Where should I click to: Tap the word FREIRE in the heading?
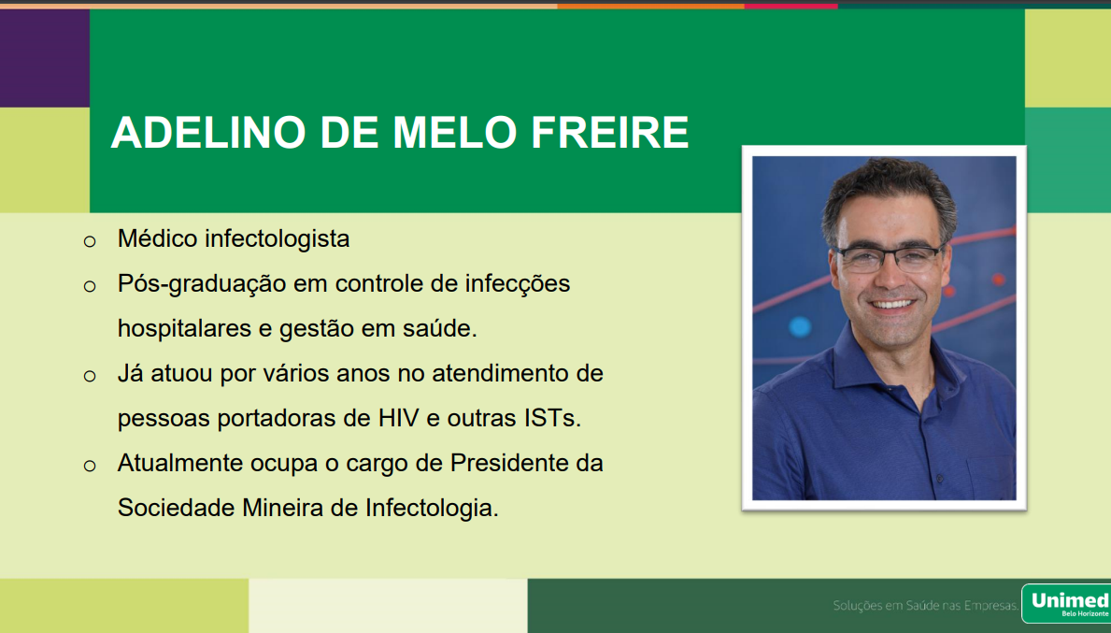[x=609, y=132]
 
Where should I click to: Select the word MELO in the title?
[x=454, y=132]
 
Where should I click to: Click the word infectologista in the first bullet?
[x=277, y=238]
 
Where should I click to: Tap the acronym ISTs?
[x=552, y=418]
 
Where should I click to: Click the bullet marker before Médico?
[x=90, y=242]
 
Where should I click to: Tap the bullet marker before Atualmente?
[x=90, y=466]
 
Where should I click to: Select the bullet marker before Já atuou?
[x=90, y=376]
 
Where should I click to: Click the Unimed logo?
[x=1066, y=604]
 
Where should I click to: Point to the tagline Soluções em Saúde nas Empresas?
[x=925, y=605]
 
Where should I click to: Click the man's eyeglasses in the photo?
[x=890, y=257]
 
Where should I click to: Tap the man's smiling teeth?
[x=892, y=304]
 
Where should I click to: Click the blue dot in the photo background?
[x=799, y=326]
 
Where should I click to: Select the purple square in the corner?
[x=45, y=58]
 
